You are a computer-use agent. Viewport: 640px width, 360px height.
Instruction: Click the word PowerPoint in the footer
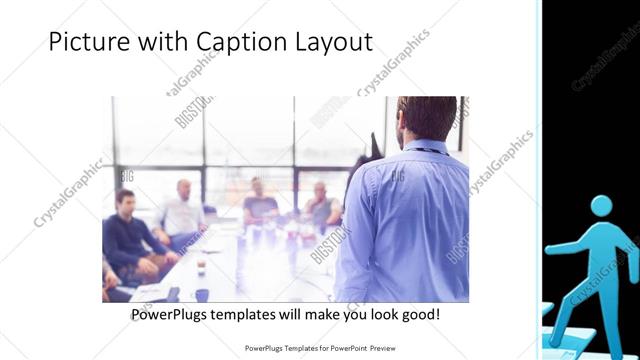click(345, 349)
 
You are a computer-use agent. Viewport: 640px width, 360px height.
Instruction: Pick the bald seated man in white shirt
click(183, 210)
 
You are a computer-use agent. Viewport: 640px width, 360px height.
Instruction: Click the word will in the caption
click(293, 315)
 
